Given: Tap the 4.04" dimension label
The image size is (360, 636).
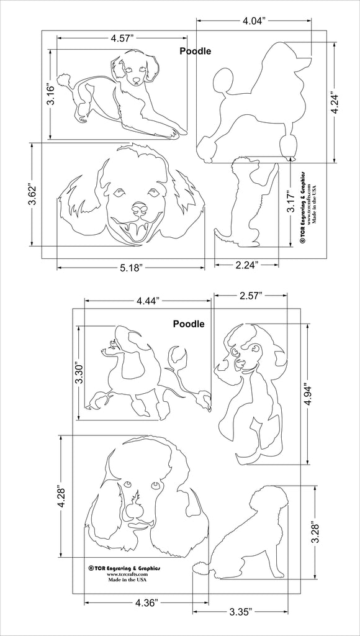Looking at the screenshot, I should pos(254,20).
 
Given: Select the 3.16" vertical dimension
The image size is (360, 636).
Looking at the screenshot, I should pos(52,94).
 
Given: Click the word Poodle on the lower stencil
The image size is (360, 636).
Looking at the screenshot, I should pos(189,324).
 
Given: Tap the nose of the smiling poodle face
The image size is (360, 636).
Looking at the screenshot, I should pos(139,207).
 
